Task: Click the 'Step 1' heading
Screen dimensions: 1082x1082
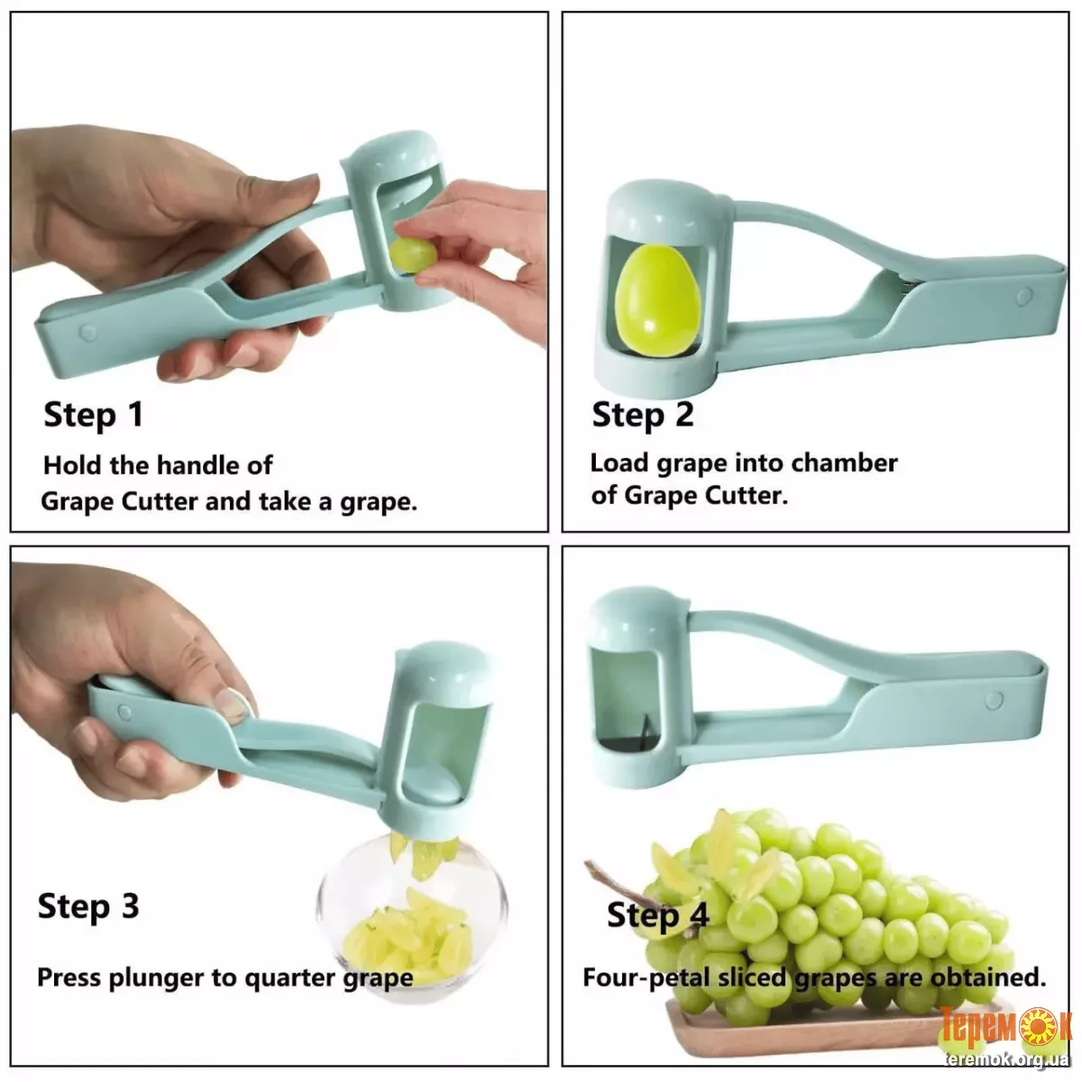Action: coord(93,416)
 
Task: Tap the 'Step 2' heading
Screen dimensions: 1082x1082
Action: coord(643,416)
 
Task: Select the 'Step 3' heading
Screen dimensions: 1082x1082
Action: coord(88,907)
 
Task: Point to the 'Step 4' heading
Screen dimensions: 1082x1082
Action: coord(658,915)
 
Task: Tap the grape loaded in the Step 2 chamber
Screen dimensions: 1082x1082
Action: coord(658,300)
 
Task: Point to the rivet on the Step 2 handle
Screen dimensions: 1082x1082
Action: coord(1024,297)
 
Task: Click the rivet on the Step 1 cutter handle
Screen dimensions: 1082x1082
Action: coord(87,333)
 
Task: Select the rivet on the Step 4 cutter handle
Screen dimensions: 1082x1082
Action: coord(995,700)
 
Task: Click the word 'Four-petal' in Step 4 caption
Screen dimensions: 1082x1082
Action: coord(646,978)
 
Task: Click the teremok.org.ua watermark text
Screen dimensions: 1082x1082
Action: coord(1006,1059)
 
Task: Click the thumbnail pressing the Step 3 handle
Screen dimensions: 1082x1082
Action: coord(232,703)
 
